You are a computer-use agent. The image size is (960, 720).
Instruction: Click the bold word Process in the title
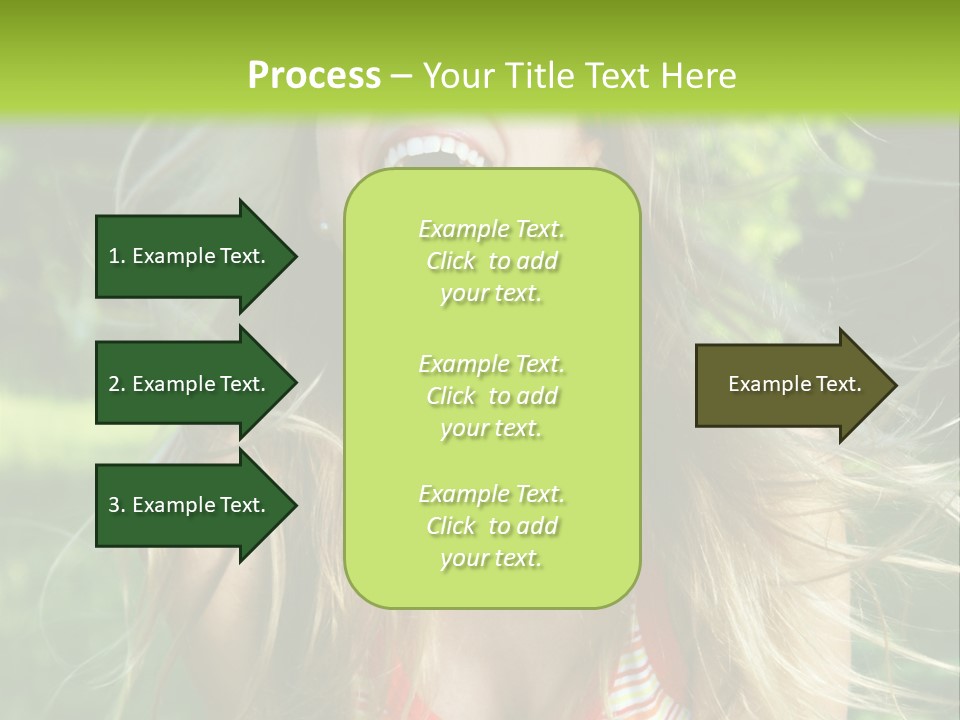pos(314,76)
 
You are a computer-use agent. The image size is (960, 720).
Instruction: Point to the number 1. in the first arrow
pos(117,256)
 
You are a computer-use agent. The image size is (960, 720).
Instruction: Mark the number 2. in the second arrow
pos(117,384)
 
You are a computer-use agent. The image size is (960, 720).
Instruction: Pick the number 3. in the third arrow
pos(117,505)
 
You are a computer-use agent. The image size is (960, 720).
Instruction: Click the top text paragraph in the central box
pos(491,261)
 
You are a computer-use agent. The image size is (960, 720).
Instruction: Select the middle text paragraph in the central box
pos(491,396)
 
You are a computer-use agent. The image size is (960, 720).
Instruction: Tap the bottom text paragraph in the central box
pos(491,526)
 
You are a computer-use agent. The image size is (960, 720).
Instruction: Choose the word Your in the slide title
pos(458,76)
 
